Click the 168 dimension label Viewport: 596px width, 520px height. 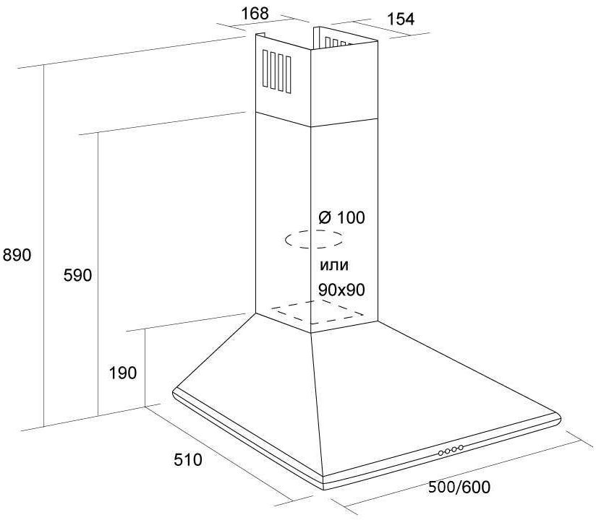point(255,14)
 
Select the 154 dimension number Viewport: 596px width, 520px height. point(400,19)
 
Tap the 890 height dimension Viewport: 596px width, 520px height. point(17,255)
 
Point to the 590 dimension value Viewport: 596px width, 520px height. point(77,275)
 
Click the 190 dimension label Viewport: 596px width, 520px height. point(123,373)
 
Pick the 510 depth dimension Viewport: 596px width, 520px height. point(188,460)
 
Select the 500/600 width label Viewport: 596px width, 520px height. point(459,487)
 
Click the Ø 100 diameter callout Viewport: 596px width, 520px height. point(341,218)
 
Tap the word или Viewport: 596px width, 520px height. point(333,265)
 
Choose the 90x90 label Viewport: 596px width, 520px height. point(341,290)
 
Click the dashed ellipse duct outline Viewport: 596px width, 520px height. point(314,231)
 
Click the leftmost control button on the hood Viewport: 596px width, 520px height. point(440,453)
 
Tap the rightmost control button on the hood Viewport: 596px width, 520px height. point(461,448)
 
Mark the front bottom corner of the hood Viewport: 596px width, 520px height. point(324,487)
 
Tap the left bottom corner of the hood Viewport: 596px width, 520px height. point(174,392)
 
